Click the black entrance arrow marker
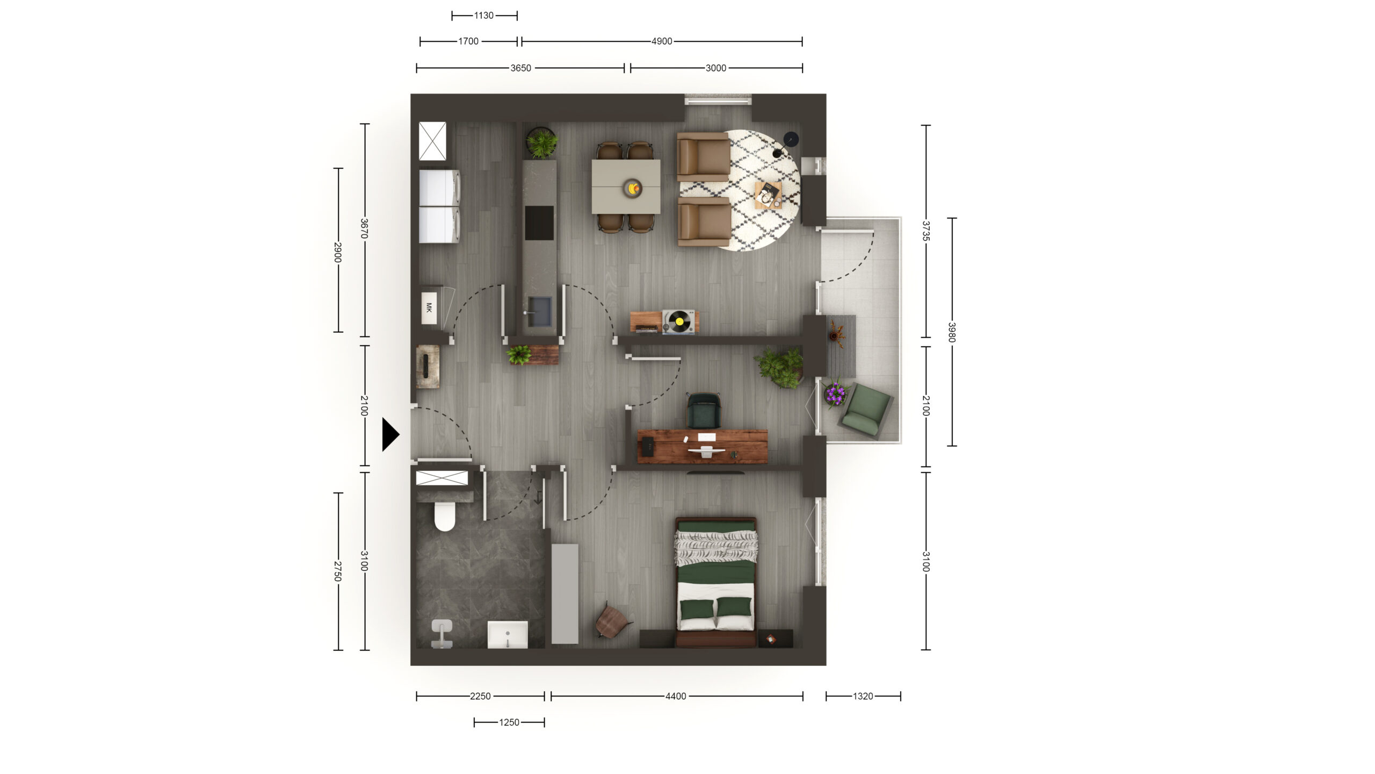tap(390, 434)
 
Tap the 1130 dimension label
tap(483, 16)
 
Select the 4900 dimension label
tap(662, 41)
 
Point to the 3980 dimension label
tap(952, 332)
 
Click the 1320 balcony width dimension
tap(863, 696)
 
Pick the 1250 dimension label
tap(509, 722)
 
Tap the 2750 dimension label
tap(338, 571)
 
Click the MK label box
tap(429, 308)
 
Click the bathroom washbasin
tap(508, 635)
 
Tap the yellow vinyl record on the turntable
tap(679, 321)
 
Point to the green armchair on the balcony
tap(865, 410)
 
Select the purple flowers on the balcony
tap(835, 393)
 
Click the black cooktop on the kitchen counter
tap(539, 223)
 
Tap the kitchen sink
tap(539, 312)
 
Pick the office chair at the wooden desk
tap(704, 411)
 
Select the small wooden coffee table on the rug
tap(768, 195)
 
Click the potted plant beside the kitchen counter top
tap(541, 143)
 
